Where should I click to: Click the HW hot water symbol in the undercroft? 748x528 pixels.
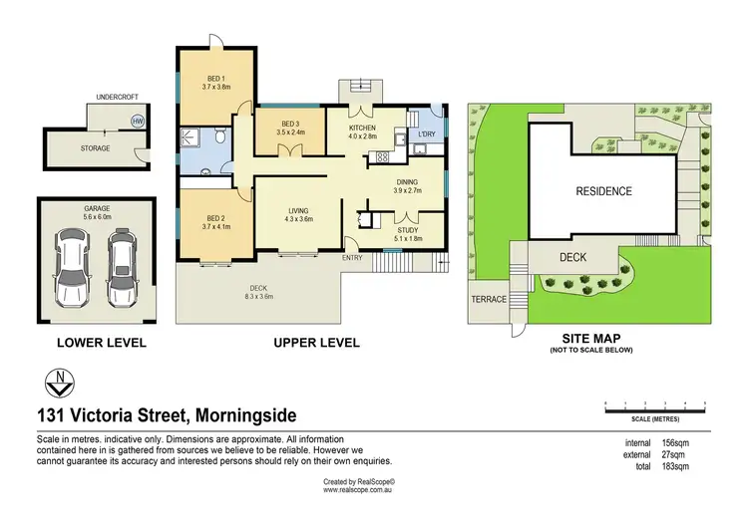point(136,121)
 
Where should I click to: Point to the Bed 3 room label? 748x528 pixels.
point(290,126)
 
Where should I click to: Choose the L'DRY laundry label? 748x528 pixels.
point(427,133)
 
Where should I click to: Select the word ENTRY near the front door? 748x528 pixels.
point(353,258)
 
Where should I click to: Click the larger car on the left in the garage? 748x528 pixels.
point(73,268)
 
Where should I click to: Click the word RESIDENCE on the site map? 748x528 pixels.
point(603,190)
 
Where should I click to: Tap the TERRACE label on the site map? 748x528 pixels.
point(488,299)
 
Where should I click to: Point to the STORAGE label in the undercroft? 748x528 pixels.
point(95,148)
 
